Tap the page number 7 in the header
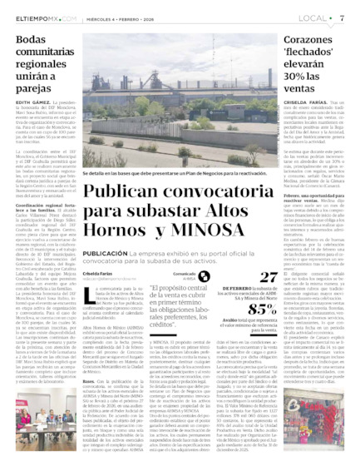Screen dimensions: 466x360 pyautogui.click(x=342, y=17)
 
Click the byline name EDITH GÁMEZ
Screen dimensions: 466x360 pyautogui.click(x=32, y=100)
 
